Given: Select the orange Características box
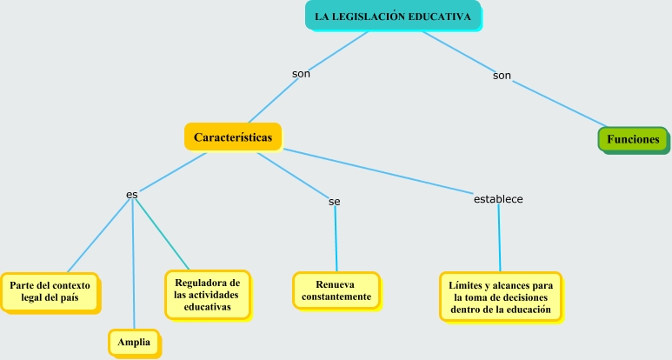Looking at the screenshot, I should click(x=233, y=137).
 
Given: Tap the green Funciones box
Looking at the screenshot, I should click(x=633, y=139).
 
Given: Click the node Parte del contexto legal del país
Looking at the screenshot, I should click(x=50, y=290).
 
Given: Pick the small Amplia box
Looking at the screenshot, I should click(x=134, y=343).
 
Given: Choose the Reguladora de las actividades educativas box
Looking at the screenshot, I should click(x=207, y=294).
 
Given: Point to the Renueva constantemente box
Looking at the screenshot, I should click(x=336, y=291).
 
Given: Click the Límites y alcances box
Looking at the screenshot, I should click(x=501, y=297).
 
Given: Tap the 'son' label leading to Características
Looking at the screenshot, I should click(x=301, y=73).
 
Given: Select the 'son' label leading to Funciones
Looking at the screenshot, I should click(x=502, y=76).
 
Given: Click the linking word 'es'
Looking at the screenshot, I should click(x=131, y=194).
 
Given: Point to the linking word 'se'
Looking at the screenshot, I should click(x=335, y=201).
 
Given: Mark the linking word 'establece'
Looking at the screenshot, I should click(x=498, y=199).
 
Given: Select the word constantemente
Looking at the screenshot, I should click(x=336, y=297).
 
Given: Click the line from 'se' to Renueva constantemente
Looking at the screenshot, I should click(x=336, y=239).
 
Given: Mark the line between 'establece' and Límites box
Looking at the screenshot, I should click(x=499, y=239).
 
